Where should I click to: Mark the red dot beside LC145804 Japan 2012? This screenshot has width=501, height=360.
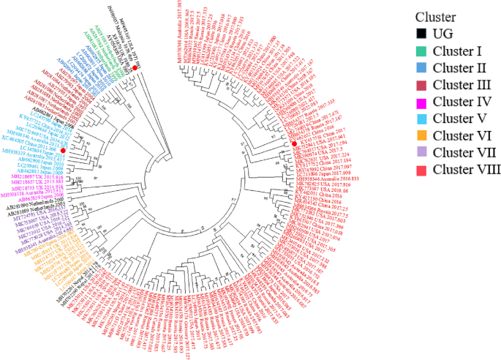(64, 150)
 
